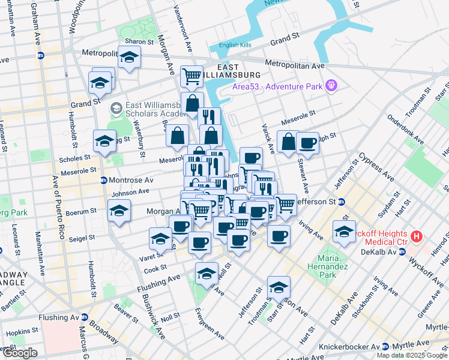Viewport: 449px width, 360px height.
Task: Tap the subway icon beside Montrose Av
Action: pyautogui.click(x=103, y=180)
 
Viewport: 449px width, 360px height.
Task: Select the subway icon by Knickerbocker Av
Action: pyautogui.click(x=384, y=347)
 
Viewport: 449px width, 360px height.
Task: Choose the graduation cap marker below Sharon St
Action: pyautogui.click(x=129, y=58)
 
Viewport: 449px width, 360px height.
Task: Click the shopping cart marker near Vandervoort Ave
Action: pyautogui.click(x=191, y=76)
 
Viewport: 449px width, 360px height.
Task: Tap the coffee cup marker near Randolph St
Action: pyautogui.click(x=308, y=142)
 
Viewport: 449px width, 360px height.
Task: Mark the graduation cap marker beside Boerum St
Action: pyautogui.click(x=119, y=211)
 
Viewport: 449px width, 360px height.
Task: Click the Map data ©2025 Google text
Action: pyautogui.click(x=412, y=355)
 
